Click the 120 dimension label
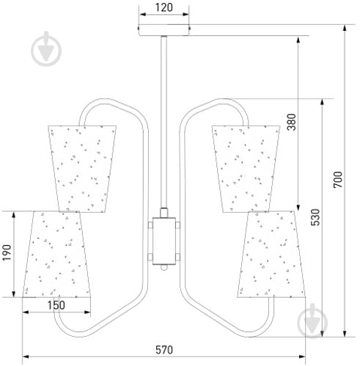coord(164,7)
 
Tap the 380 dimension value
coord(291,122)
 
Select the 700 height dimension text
coord(338,180)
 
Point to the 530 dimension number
coord(315,217)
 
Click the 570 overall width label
coord(164,350)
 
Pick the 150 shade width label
coord(56,305)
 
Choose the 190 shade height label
coord(7,252)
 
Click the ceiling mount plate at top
coord(164,30)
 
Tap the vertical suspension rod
coord(164,122)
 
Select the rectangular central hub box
coord(164,241)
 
